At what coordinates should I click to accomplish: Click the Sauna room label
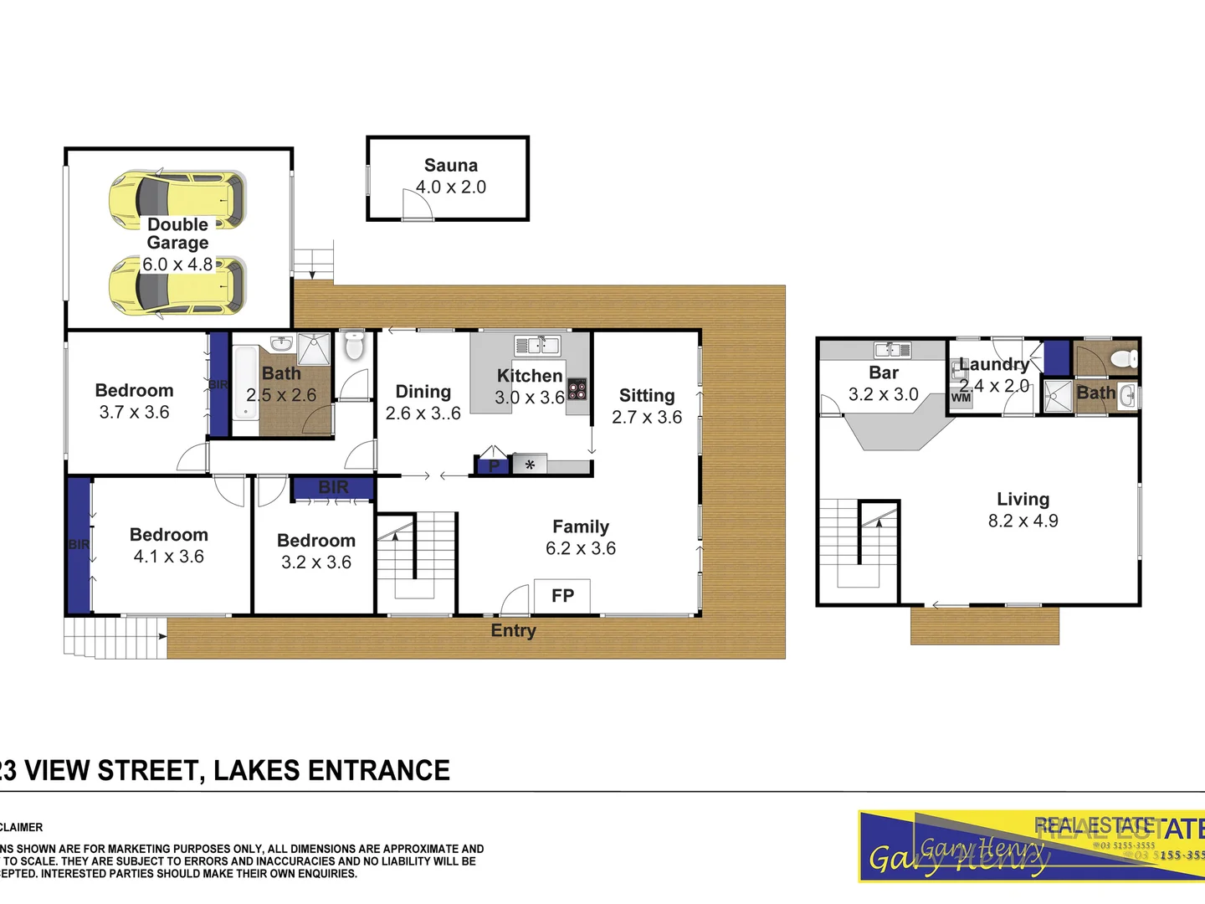451,166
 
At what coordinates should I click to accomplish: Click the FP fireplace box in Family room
562,596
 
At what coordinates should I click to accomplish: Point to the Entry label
513,631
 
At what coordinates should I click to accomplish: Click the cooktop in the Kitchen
577,389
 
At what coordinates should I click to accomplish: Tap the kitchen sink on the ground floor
537,344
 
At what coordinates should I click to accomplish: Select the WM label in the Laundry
961,398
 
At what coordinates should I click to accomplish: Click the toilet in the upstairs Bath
1124,359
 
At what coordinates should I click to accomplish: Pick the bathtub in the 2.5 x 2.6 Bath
246,382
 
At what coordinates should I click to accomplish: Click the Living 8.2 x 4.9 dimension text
1023,521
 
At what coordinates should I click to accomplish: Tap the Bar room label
884,373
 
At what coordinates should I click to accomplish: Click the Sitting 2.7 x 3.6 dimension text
647,417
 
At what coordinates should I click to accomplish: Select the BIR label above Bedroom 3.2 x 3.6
333,487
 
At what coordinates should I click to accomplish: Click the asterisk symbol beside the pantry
530,465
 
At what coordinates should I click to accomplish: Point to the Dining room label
423,392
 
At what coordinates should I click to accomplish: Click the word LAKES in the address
256,770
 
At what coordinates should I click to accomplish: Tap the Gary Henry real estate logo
1031,846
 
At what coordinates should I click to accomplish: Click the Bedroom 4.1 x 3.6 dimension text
169,557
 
